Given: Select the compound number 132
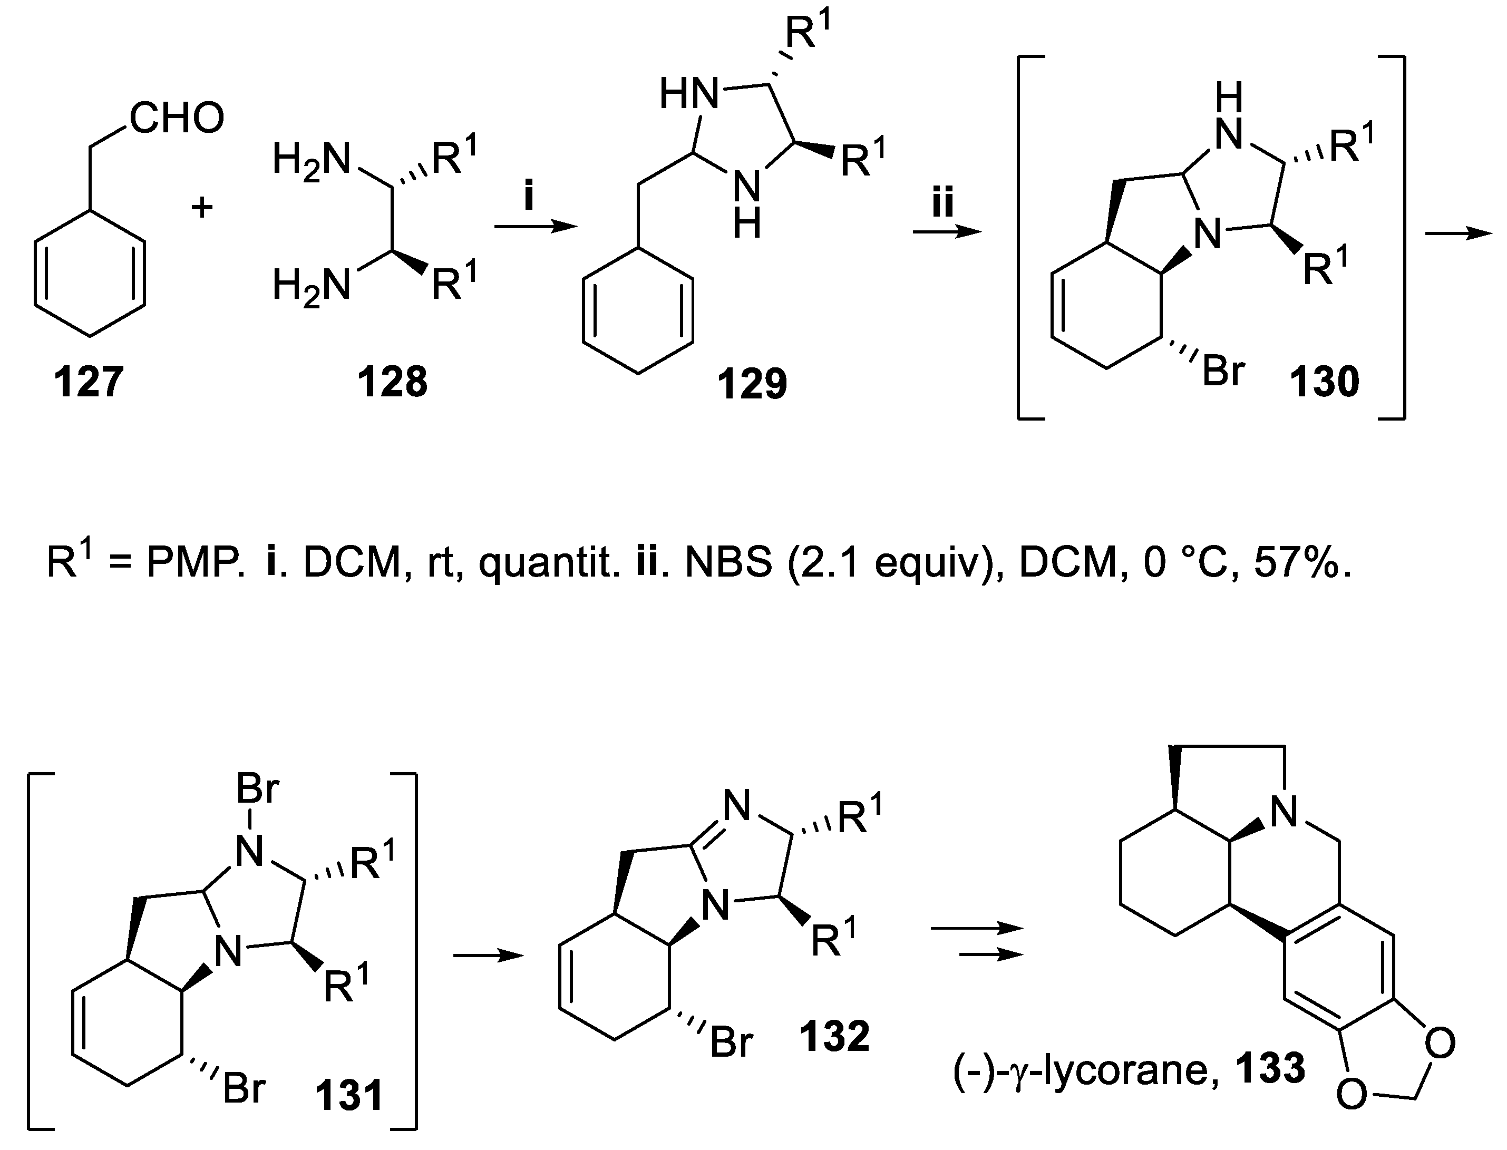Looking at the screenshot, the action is coord(834,1036).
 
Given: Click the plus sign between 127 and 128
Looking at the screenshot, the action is coord(202,207).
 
